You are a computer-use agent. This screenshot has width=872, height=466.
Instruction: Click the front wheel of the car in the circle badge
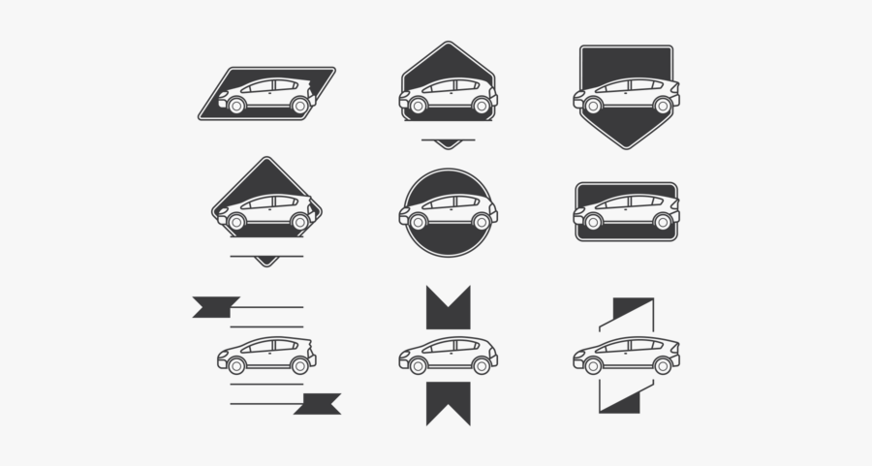[x=419, y=221]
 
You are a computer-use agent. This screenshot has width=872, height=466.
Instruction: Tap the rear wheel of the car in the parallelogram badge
[x=299, y=106]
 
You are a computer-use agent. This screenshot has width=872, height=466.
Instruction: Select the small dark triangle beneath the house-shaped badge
[x=448, y=144]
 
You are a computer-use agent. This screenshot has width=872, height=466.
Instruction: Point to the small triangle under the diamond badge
[x=266, y=261]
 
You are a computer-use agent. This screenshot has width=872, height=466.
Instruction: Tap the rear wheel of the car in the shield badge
[x=663, y=106]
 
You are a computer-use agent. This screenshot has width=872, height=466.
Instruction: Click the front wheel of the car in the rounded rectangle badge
[x=593, y=221]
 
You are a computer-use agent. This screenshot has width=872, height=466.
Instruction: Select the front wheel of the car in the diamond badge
[x=236, y=221]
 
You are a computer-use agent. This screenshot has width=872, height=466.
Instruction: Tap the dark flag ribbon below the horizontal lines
[x=317, y=404]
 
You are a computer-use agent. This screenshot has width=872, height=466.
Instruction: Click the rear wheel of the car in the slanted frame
[x=663, y=365]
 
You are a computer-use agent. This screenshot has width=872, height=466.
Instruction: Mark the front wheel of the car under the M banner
[x=419, y=365]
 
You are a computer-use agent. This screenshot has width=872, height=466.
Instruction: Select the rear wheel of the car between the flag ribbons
[x=299, y=365]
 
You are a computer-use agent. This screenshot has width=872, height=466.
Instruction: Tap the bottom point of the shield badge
[x=627, y=146]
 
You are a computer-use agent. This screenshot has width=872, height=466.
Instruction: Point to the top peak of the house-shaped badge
[x=448, y=45]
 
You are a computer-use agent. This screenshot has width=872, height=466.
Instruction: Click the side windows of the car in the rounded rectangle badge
[x=626, y=202]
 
